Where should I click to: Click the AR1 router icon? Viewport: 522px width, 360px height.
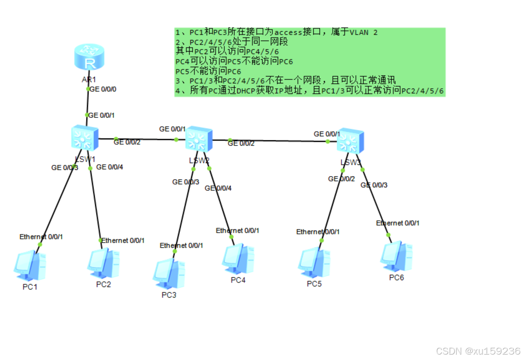click(x=89, y=58)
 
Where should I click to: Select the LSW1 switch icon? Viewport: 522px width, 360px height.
click(x=85, y=138)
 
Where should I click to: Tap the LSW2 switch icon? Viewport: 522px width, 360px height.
click(x=198, y=140)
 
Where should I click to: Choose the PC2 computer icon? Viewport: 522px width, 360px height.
click(x=103, y=263)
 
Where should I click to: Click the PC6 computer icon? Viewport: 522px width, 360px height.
click(x=396, y=256)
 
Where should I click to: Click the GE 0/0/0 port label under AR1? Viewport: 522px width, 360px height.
click(x=103, y=89)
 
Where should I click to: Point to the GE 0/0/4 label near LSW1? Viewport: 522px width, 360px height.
click(x=109, y=167)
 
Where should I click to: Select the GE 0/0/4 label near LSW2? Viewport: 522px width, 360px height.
click(x=218, y=188)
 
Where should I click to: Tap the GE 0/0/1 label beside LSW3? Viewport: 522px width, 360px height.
click(x=327, y=134)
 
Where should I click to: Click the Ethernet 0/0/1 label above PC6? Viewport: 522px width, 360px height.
click(x=398, y=223)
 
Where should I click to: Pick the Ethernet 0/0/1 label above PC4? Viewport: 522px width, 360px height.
click(x=237, y=230)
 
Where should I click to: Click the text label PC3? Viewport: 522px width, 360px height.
click(x=169, y=295)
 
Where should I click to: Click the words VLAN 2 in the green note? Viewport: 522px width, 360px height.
click(x=364, y=32)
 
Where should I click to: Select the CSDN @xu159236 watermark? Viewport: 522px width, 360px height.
click(x=478, y=351)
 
